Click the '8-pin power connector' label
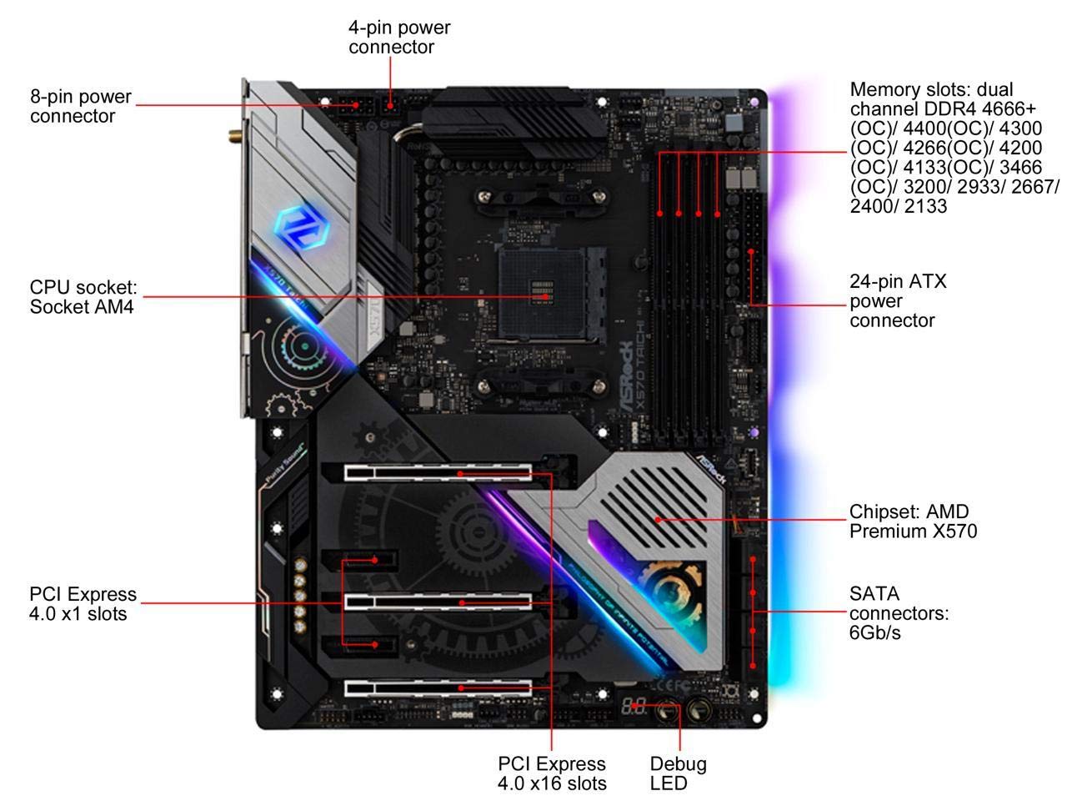coord(81,106)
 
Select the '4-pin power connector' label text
coord(399,37)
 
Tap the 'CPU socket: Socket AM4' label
coord(83,297)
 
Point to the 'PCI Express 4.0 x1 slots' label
coord(83,603)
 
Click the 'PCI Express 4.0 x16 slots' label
coord(552,773)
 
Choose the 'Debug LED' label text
coord(678,773)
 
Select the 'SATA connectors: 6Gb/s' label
coord(899,612)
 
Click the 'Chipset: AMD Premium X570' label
coord(913,521)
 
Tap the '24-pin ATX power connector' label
coord(898,300)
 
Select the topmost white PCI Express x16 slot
coord(438,472)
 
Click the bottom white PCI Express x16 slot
coord(438,688)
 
